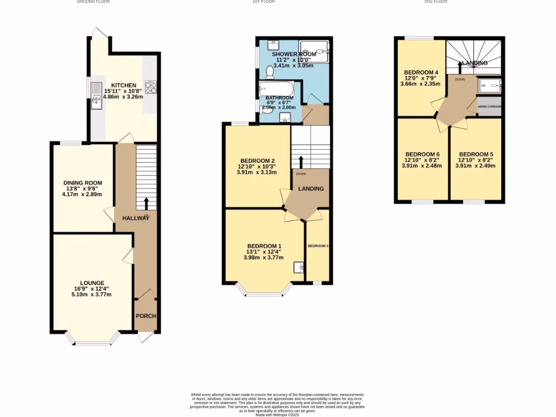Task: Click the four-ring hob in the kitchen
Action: tap(150, 87)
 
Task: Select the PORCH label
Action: tap(146, 316)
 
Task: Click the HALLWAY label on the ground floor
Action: tap(135, 218)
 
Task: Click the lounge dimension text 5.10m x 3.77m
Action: tap(92, 295)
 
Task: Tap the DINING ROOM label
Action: tap(83, 183)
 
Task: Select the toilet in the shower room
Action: tap(270, 71)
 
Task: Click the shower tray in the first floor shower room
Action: tap(314, 52)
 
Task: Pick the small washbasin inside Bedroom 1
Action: tap(298, 267)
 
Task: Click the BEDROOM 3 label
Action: tap(318, 246)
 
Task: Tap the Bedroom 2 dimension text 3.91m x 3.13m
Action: tap(257, 173)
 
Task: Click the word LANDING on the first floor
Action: tap(311, 189)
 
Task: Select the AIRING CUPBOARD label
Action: tap(490, 106)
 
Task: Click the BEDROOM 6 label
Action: tap(422, 154)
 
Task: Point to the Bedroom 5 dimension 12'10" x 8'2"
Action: tap(475, 160)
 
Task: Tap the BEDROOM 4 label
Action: tap(421, 72)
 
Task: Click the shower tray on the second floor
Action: tap(490, 85)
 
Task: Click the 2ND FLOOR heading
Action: tap(435, 2)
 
